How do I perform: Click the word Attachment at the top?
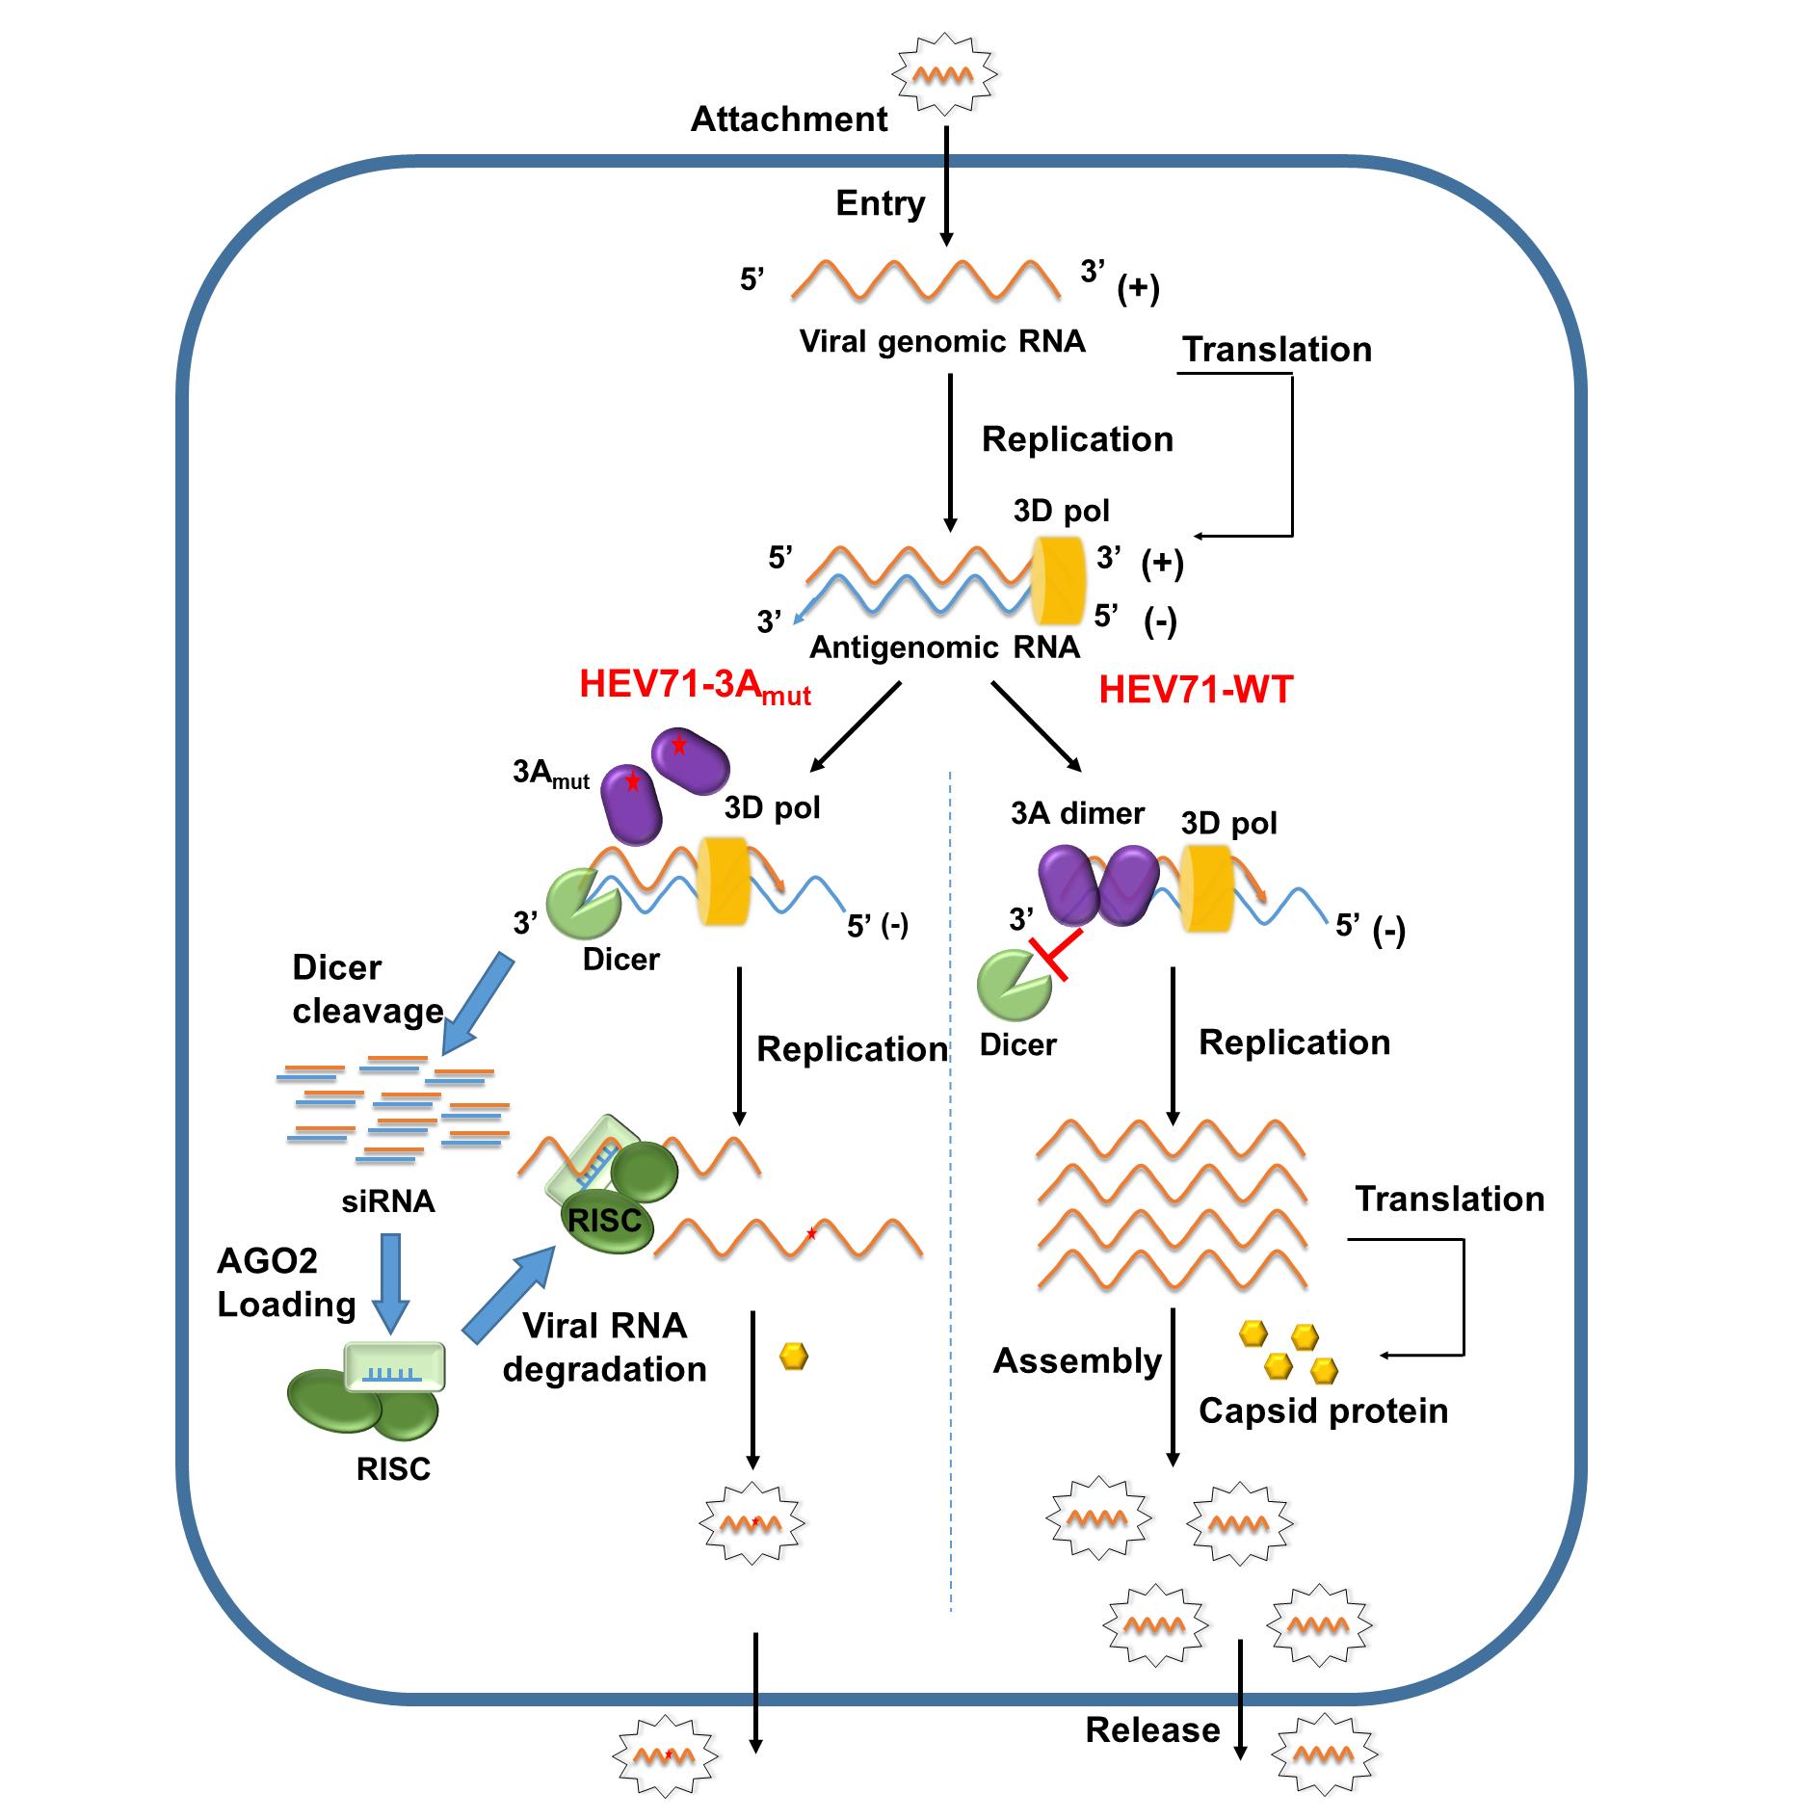pyautogui.click(x=789, y=119)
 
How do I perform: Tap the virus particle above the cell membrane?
pyautogui.click(x=943, y=73)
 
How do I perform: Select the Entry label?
pyautogui.click(x=880, y=203)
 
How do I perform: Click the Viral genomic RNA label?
pyautogui.click(x=941, y=341)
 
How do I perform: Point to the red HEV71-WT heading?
pyautogui.click(x=1195, y=690)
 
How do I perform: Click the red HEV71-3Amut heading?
pyautogui.click(x=694, y=686)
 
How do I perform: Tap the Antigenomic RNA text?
pyautogui.click(x=943, y=646)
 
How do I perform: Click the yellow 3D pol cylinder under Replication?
pyautogui.click(x=1058, y=581)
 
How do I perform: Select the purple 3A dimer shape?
pyautogui.click(x=1097, y=885)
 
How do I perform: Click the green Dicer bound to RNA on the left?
pyautogui.click(x=582, y=903)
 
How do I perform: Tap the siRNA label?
pyautogui.click(x=388, y=1201)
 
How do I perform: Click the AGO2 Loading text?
pyautogui.click(x=285, y=1281)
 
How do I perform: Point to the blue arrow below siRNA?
pyautogui.click(x=390, y=1282)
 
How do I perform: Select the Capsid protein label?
pyautogui.click(x=1323, y=1411)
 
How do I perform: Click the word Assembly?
pyautogui.click(x=1076, y=1360)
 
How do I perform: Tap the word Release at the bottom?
pyautogui.click(x=1152, y=1730)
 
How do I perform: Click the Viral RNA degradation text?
pyautogui.click(x=604, y=1347)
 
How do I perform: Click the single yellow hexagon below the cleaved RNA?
pyautogui.click(x=793, y=1357)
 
